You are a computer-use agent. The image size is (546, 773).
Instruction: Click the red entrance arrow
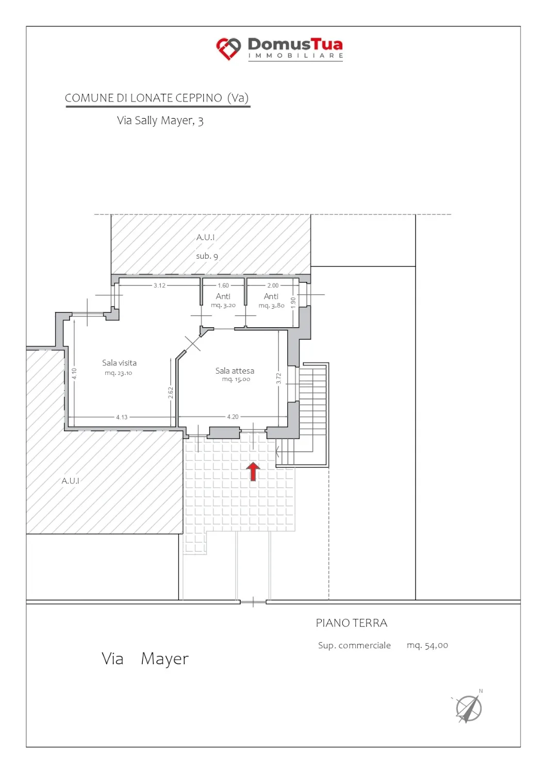click(253, 472)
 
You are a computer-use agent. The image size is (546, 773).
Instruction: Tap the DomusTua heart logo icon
click(228, 48)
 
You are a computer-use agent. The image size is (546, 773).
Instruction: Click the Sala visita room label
click(119, 363)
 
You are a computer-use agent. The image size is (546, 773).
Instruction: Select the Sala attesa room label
click(235, 371)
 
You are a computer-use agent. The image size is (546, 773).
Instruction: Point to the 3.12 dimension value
click(159, 285)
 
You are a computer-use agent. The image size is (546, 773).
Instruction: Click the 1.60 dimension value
click(223, 285)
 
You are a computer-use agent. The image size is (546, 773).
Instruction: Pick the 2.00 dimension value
click(273, 285)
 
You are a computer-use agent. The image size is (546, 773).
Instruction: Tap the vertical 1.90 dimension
click(293, 303)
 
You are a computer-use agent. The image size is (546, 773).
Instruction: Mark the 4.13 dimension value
click(122, 417)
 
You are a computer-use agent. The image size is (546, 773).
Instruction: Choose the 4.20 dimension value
click(233, 416)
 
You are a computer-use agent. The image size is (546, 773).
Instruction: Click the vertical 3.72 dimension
click(279, 378)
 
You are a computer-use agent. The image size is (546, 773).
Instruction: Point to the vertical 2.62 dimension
click(171, 392)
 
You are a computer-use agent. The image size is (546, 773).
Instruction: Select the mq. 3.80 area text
click(271, 306)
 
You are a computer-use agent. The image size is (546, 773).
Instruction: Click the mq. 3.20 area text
click(223, 305)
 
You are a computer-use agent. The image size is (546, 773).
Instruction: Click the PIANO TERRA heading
click(352, 623)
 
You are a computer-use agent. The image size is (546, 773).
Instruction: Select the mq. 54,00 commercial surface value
click(427, 645)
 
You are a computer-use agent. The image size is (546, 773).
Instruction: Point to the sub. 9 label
click(207, 256)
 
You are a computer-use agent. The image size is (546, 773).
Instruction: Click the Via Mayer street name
click(145, 659)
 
